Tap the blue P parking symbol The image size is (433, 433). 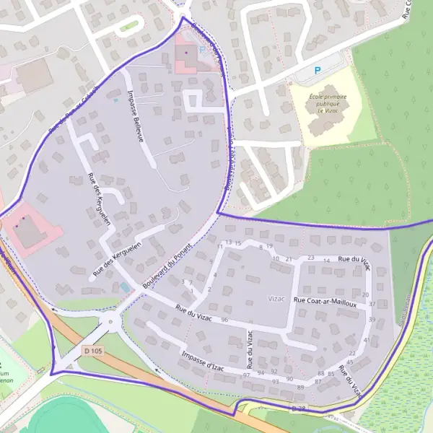[x=317, y=71]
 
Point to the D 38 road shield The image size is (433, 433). [x=298, y=408]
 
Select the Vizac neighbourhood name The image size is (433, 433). [x=277, y=298]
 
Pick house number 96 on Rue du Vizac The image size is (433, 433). [x=224, y=320]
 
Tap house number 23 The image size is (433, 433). [x=311, y=258]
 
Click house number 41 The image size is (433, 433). [x=367, y=339]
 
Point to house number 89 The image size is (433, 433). [x=300, y=388]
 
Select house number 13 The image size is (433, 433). [x=229, y=242]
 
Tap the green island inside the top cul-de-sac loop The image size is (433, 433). [x=129, y=27]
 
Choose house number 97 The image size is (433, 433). [x=247, y=375]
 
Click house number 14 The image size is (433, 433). [x=326, y=261]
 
